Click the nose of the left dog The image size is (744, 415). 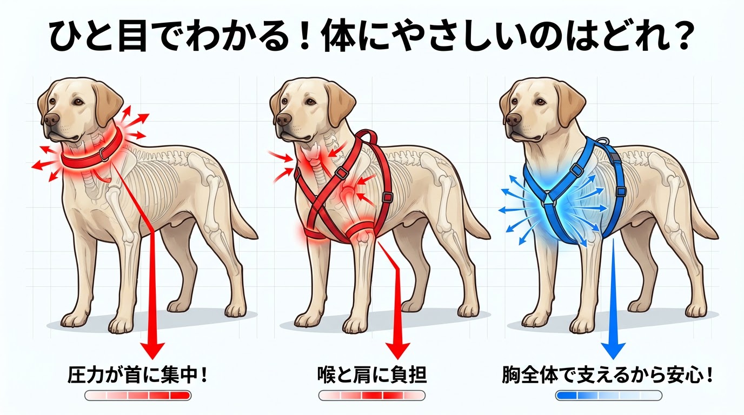(52, 119)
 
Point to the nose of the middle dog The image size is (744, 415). (284, 119)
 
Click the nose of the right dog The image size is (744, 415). (513, 119)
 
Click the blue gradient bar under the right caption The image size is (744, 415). (608, 396)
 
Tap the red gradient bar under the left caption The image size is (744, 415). (138, 396)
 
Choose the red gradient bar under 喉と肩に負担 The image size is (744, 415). (372, 396)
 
